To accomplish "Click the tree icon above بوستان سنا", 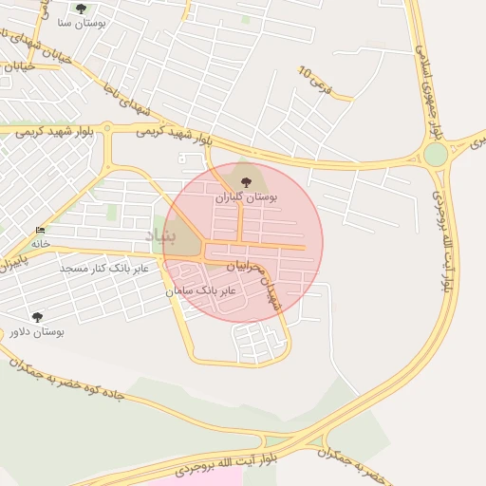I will [x=81, y=9].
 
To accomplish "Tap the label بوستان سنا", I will [x=81, y=22].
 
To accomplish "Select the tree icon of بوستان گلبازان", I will [x=246, y=181].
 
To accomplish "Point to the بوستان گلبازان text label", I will [x=245, y=197].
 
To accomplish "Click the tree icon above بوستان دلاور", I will [x=37, y=317].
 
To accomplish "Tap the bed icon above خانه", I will [x=40, y=231].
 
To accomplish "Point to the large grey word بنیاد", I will [x=160, y=234].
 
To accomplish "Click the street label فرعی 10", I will [x=317, y=80].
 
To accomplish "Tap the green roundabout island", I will [x=435, y=154].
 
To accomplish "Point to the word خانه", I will [x=40, y=244].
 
